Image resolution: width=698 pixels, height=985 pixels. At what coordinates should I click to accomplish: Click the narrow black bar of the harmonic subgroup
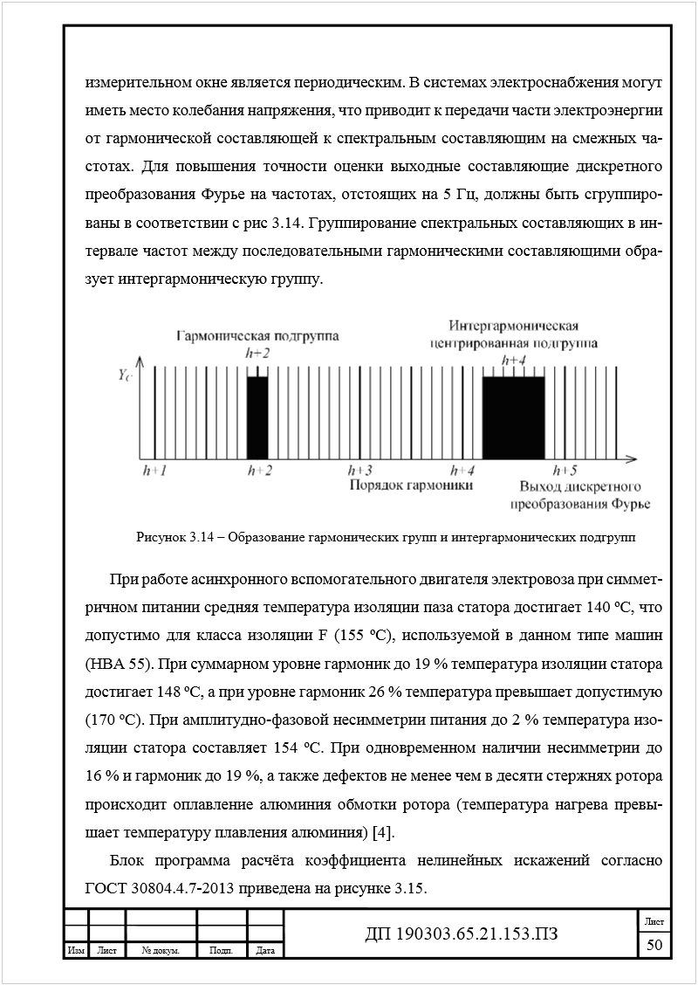pyautogui.click(x=257, y=416)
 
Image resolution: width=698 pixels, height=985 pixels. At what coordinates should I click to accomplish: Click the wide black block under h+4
pyautogui.click(x=513, y=416)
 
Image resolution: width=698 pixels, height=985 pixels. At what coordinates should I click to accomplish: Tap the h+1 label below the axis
pyautogui.click(x=154, y=471)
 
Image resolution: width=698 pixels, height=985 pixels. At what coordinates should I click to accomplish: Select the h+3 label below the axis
pyautogui.click(x=360, y=471)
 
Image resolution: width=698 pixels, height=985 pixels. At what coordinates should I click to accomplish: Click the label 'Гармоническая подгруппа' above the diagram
pyautogui.click(x=258, y=336)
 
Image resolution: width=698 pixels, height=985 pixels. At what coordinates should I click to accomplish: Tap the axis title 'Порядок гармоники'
pyautogui.click(x=411, y=486)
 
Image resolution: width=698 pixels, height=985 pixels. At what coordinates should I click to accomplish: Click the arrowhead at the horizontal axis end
pyautogui.click(x=639, y=457)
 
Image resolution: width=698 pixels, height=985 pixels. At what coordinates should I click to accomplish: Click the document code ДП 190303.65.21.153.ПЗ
pyautogui.click(x=461, y=933)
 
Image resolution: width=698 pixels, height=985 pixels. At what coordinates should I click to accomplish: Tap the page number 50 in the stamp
pyautogui.click(x=654, y=945)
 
